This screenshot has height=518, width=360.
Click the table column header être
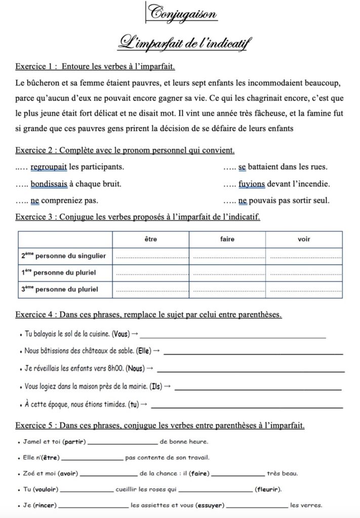coord(151,239)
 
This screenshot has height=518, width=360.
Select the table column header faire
coord(227,239)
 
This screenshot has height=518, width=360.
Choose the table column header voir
coord(304,239)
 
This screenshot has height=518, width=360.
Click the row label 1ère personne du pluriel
coord(59,273)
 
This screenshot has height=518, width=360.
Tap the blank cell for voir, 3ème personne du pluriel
coord(304,290)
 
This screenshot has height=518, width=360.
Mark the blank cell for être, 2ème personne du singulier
coord(151,256)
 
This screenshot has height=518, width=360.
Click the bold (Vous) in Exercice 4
coord(120,334)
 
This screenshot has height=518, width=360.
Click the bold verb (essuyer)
coord(210,505)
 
